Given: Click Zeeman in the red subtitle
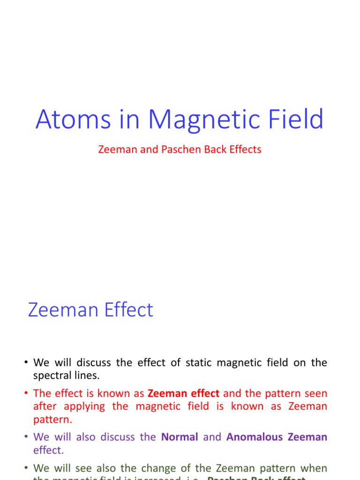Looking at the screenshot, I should (115, 150).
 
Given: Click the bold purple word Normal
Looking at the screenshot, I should (180, 437).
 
